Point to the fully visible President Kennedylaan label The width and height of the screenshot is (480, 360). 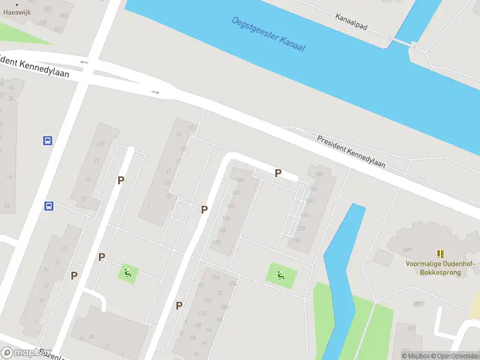click(x=351, y=150)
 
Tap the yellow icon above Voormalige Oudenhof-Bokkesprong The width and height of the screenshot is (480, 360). click(x=441, y=254)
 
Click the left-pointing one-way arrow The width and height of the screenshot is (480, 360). click(x=83, y=62)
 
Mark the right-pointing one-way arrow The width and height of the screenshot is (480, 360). click(x=155, y=92)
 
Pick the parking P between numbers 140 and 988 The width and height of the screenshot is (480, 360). click(x=278, y=173)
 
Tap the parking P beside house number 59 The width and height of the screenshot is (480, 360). click(x=121, y=180)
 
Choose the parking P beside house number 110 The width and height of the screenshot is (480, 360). click(x=179, y=305)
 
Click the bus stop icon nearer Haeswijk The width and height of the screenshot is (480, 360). click(x=47, y=141)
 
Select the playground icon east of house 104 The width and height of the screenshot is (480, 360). click(x=281, y=275)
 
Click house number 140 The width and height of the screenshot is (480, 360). click(x=240, y=180)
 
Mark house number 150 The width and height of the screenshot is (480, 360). click(x=216, y=242)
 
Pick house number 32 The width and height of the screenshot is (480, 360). click(x=92, y=337)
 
